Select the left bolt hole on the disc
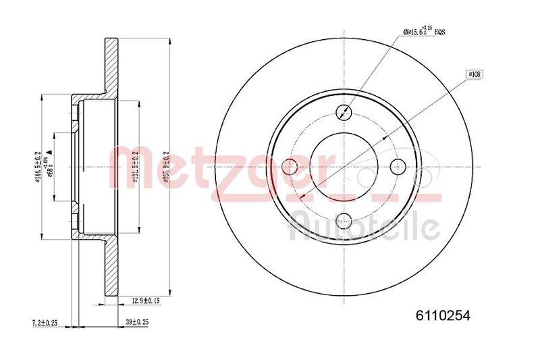pos(292,165)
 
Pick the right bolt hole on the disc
pos(398,165)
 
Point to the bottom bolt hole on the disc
pos(345,218)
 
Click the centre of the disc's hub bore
pos(345,165)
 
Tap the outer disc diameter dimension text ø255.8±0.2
pos(165,165)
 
